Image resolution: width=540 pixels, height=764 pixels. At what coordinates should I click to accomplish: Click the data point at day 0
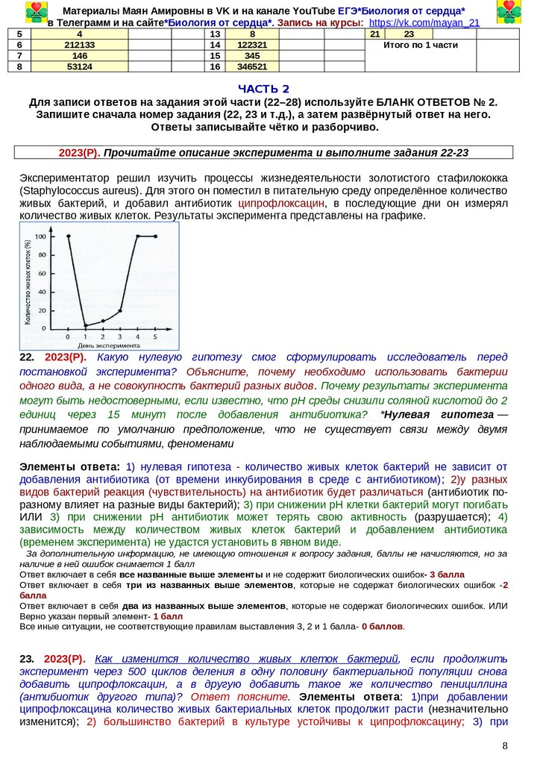(x=68, y=237)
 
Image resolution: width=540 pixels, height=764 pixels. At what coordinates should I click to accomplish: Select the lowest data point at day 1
(x=86, y=325)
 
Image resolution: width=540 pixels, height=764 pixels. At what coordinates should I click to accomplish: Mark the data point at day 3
(x=121, y=310)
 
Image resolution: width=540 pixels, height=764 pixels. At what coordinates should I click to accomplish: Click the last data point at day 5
(x=155, y=237)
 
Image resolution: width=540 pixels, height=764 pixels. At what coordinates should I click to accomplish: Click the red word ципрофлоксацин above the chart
(x=281, y=203)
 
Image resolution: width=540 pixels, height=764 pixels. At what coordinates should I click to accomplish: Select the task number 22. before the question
(x=27, y=357)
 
